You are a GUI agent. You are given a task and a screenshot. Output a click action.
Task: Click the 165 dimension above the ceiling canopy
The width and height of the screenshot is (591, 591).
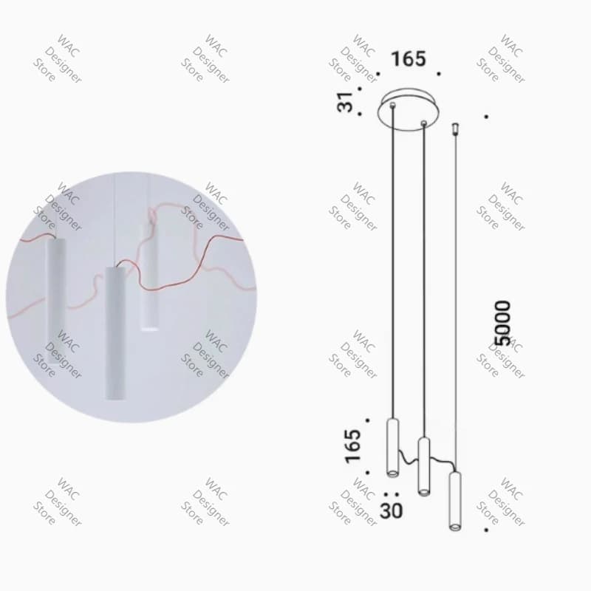tap(409, 59)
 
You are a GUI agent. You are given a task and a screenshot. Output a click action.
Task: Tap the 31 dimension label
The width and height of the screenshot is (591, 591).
tap(345, 102)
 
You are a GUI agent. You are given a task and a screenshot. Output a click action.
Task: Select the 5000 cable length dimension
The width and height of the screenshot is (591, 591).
tap(502, 323)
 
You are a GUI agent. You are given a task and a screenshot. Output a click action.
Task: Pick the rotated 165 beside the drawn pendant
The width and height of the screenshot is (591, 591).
tap(353, 446)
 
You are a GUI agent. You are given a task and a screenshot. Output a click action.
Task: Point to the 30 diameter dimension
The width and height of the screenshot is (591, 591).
tap(392, 510)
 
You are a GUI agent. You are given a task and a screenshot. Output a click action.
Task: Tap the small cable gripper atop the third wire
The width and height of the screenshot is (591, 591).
tap(455, 128)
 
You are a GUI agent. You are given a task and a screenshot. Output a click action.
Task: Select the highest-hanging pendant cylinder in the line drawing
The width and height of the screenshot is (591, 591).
tap(393, 448)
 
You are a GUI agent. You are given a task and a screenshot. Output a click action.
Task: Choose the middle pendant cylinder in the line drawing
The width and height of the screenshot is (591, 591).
tap(424, 466)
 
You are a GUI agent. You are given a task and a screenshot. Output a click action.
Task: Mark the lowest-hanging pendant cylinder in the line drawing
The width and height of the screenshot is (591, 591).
tap(455, 501)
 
